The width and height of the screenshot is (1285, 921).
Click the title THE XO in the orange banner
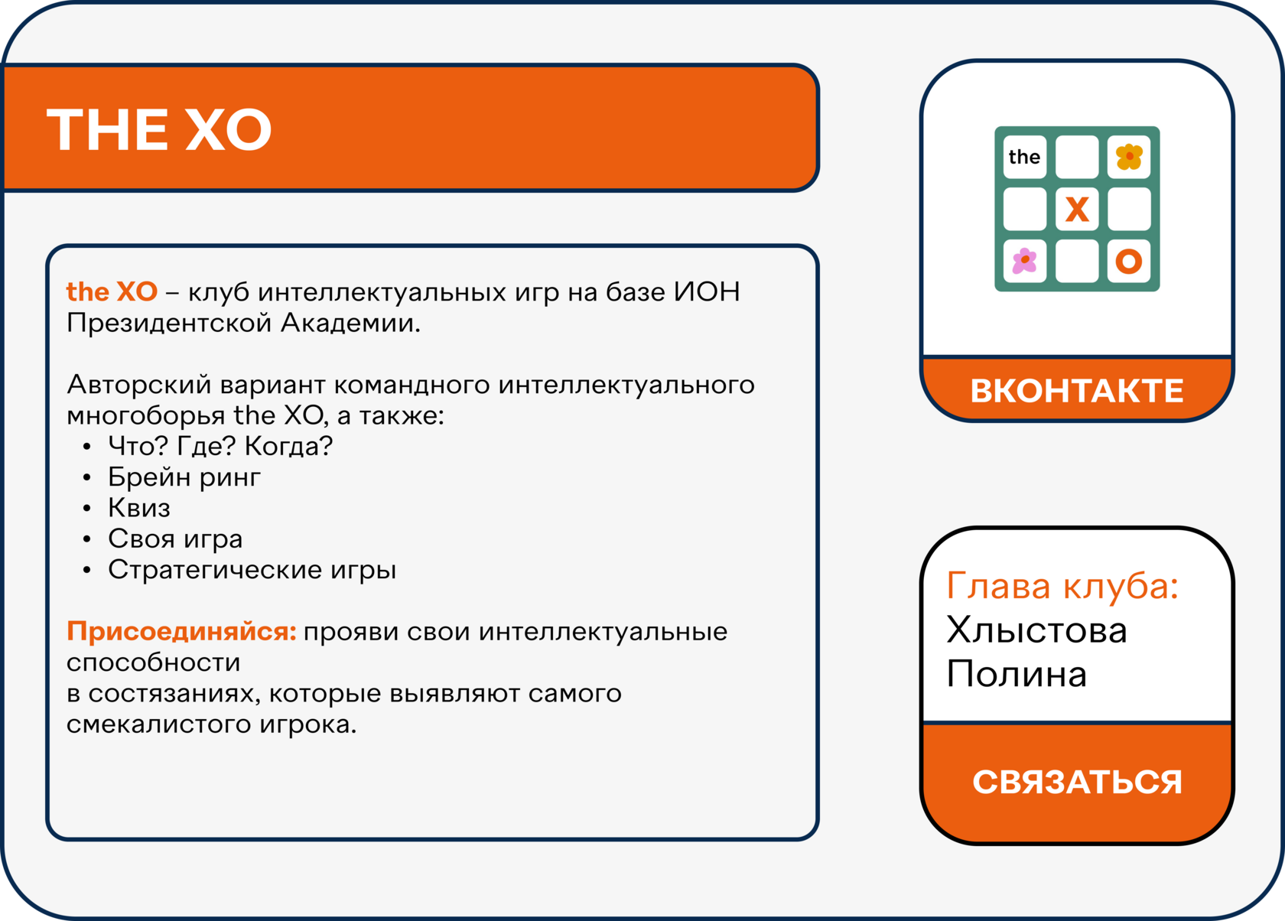click(159, 130)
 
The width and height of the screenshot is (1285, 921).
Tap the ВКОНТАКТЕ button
click(1077, 390)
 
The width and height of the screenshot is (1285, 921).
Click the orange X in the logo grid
click(1077, 209)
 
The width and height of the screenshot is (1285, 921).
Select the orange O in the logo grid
click(1128, 262)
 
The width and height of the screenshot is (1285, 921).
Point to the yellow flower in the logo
click(1128, 156)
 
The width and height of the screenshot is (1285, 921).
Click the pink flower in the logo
click(1025, 261)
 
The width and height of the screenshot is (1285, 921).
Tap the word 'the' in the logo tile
click(1024, 157)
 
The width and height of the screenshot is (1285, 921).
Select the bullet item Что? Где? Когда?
click(220, 447)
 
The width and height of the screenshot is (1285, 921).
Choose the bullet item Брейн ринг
click(184, 477)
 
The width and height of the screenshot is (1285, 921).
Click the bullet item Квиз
click(139, 508)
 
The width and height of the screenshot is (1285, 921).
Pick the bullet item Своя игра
click(175, 539)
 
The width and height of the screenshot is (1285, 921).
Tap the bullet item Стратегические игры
click(252, 570)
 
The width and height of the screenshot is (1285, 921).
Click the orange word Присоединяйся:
click(181, 632)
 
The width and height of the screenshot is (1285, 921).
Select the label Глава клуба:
click(1062, 585)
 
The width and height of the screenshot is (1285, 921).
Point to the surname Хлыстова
click(1036, 630)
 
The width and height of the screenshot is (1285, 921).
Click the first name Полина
click(1017, 673)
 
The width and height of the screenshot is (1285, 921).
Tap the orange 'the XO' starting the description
click(112, 291)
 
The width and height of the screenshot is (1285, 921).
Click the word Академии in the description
click(350, 323)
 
